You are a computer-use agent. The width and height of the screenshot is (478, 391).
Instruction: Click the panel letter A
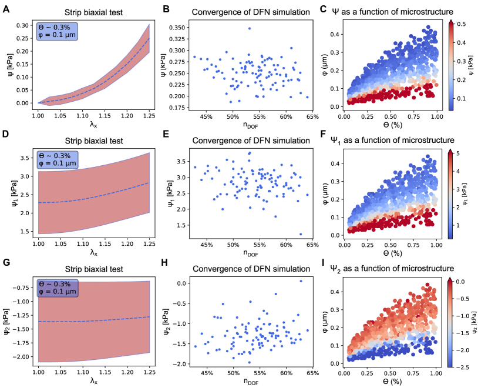pos(5,8)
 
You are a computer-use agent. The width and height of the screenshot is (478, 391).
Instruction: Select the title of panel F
pos(404,141)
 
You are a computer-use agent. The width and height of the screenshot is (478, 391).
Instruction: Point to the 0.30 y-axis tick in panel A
pos(23,26)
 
